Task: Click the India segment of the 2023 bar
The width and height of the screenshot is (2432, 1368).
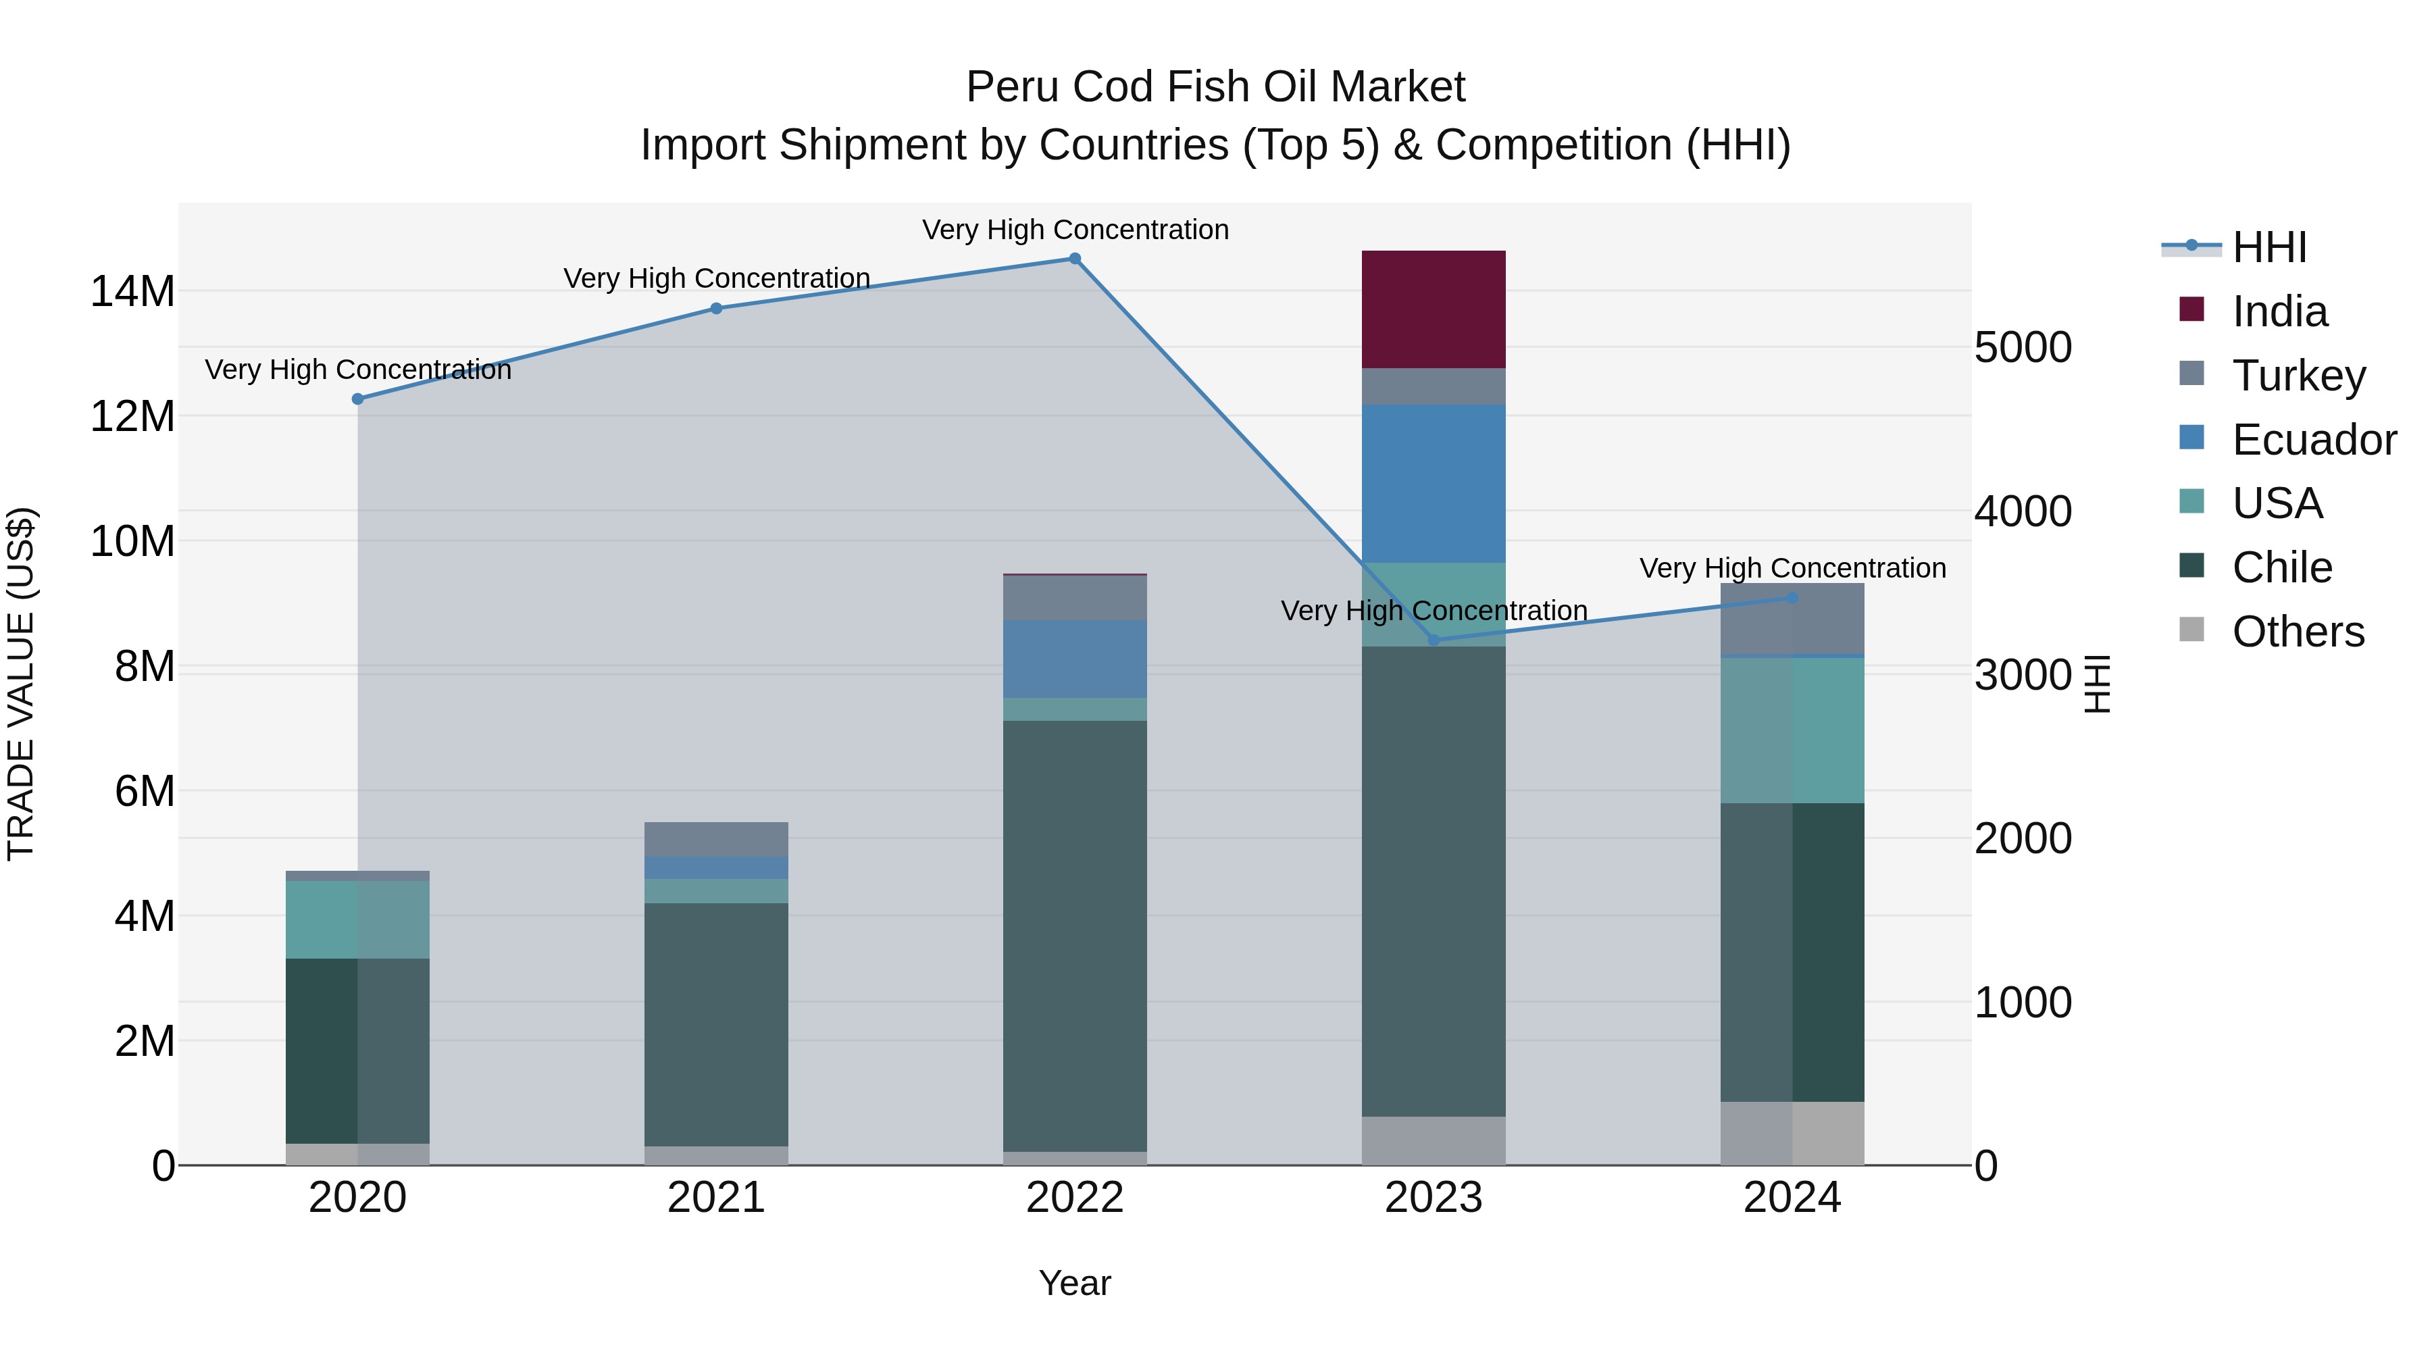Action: [x=1433, y=309]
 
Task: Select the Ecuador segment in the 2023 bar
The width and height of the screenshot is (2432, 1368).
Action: [x=1433, y=484]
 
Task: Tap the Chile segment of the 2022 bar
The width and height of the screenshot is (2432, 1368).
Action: [x=1074, y=935]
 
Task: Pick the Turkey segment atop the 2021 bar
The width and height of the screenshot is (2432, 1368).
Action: [x=715, y=838]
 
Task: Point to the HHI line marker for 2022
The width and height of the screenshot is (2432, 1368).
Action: [x=1074, y=259]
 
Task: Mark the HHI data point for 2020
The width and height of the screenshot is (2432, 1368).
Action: [x=358, y=399]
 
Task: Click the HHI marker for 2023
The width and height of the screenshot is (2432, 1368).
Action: [x=1433, y=640]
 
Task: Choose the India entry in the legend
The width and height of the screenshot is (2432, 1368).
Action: [x=2279, y=311]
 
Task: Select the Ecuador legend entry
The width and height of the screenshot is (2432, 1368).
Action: [x=2313, y=440]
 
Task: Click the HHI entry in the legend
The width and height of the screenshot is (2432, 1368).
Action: [x=2269, y=247]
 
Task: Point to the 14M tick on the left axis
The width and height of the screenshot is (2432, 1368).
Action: [x=132, y=290]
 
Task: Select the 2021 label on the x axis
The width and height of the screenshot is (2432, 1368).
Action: [x=715, y=1198]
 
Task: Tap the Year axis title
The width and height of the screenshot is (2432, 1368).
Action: [x=1074, y=1283]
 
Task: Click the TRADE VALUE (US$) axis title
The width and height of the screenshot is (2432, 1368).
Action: [x=21, y=684]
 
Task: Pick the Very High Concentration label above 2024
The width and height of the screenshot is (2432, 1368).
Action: [x=1792, y=568]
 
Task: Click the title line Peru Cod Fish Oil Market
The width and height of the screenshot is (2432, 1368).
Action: [x=1215, y=87]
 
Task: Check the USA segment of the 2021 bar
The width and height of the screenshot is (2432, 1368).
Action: [x=715, y=891]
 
